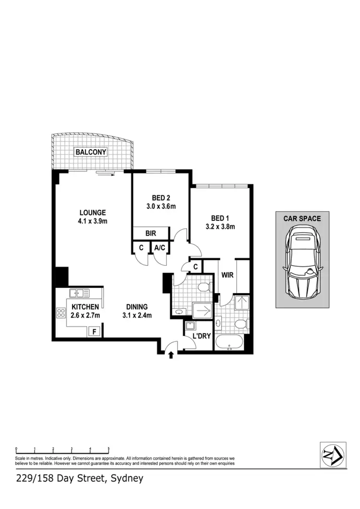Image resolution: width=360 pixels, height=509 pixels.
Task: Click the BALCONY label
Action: point(90,152)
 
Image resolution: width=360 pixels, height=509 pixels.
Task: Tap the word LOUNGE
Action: point(93,213)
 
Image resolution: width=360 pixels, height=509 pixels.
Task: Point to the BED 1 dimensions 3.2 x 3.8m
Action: point(220,227)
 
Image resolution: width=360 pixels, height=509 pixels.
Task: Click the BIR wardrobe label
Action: point(151,234)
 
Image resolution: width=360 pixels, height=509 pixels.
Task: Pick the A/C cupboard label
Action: point(159,248)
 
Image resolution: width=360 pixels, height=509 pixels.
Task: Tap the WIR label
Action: point(227,275)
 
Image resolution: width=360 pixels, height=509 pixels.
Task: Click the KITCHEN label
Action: point(85,307)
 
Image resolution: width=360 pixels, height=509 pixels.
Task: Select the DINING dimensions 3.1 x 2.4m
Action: point(137,315)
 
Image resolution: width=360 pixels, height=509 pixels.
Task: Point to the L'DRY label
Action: point(202,336)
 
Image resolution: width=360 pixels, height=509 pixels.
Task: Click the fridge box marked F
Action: point(94,332)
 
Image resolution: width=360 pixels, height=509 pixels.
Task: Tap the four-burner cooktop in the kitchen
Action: point(61,313)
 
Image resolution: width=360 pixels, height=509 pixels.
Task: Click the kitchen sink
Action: point(79,293)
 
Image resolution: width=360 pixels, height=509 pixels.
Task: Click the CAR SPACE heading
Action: point(302,218)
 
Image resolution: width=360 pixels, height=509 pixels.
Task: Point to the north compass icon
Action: point(332,454)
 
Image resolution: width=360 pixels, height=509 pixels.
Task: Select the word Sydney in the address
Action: point(127,478)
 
